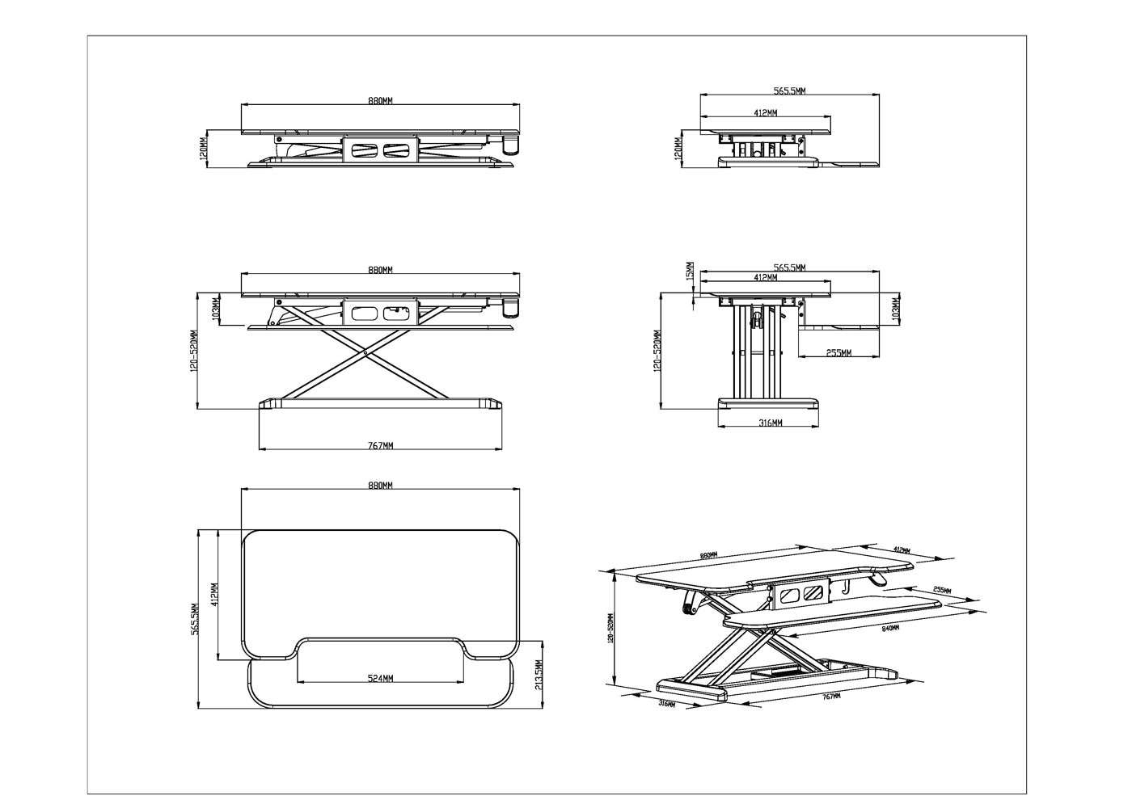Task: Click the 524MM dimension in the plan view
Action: pyautogui.click(x=380, y=678)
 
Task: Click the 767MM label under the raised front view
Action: pyautogui.click(x=380, y=445)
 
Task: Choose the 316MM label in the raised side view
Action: pyautogui.click(x=771, y=423)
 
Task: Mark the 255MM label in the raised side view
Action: pyautogui.click(x=838, y=353)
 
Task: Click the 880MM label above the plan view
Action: pyautogui.click(x=380, y=486)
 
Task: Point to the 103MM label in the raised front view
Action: pyautogui.click(x=215, y=309)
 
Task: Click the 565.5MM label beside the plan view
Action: pyautogui.click(x=196, y=619)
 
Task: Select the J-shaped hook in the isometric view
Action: pyautogui.click(x=845, y=589)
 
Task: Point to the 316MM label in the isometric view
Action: pyautogui.click(x=668, y=703)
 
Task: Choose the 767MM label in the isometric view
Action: pyautogui.click(x=830, y=694)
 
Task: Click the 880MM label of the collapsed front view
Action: pyautogui.click(x=380, y=101)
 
